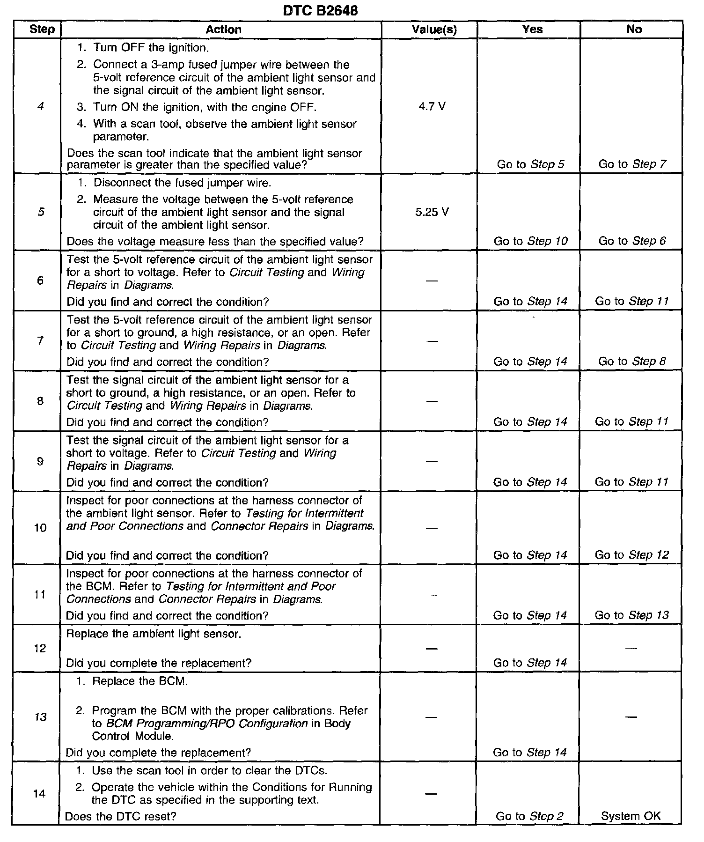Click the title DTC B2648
pyautogui.click(x=320, y=11)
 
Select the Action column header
pyautogui.click(x=223, y=30)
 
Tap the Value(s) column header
pyautogui.click(x=434, y=30)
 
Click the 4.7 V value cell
pyautogui.click(x=432, y=107)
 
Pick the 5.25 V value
pyautogui.click(x=432, y=212)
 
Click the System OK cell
pyautogui.click(x=631, y=816)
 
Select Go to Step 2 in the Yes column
pyautogui.click(x=529, y=816)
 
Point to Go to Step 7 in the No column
pyautogui.click(x=632, y=164)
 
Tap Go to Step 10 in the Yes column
pyautogui.click(x=530, y=241)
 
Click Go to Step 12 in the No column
pyautogui.click(x=632, y=555)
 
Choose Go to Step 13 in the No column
pyautogui.click(x=632, y=615)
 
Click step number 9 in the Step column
pyautogui.click(x=40, y=462)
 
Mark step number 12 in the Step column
pyautogui.click(x=40, y=649)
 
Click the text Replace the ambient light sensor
pyautogui.click(x=154, y=634)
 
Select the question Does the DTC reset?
pyautogui.click(x=121, y=816)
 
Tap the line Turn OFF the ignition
pyautogui.click(x=151, y=48)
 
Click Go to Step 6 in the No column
pyautogui.click(x=632, y=241)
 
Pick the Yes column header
pyautogui.click(x=532, y=30)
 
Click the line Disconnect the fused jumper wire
pyautogui.click(x=182, y=183)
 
